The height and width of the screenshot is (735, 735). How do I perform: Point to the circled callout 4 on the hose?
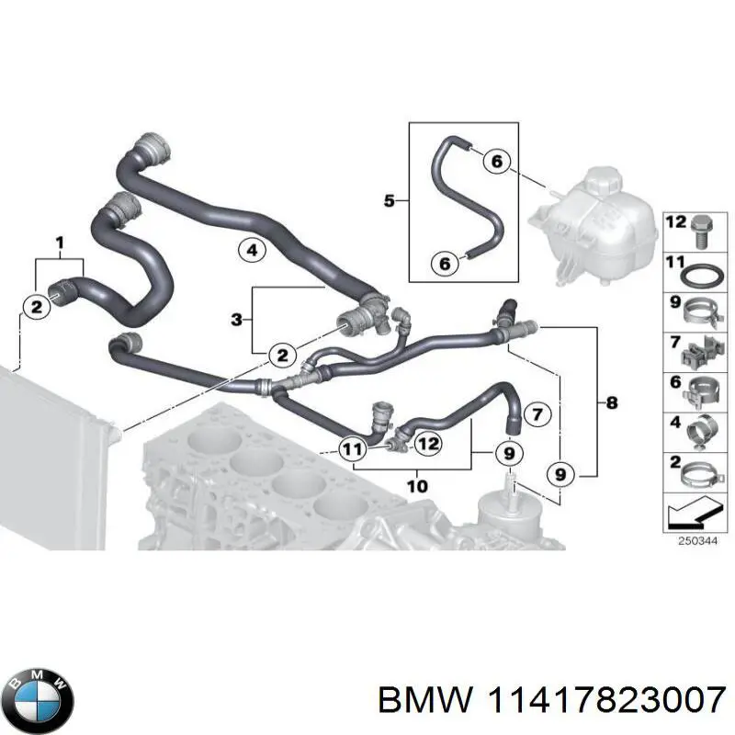251,248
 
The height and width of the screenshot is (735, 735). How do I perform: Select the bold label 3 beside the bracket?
236,320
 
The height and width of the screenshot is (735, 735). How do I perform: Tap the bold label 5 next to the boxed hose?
389,199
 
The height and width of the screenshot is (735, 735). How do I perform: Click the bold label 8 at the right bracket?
613,402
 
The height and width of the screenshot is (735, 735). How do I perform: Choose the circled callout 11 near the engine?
350,448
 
